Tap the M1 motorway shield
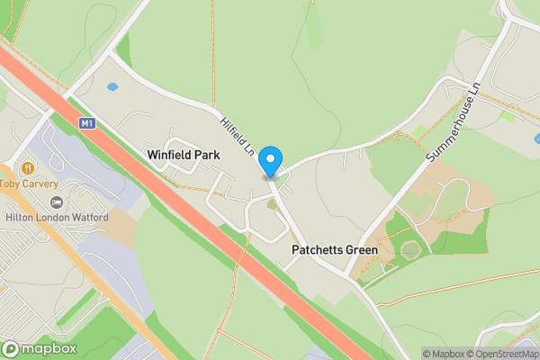tap(87, 123)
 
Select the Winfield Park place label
tap(184, 155)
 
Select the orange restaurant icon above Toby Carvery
tap(28, 167)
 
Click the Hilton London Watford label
tap(56, 218)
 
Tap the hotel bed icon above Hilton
tap(58, 202)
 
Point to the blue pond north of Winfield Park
tap(112, 87)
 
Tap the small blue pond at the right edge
tap(536, 139)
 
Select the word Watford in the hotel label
tap(88, 218)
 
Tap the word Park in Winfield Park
tap(207, 155)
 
